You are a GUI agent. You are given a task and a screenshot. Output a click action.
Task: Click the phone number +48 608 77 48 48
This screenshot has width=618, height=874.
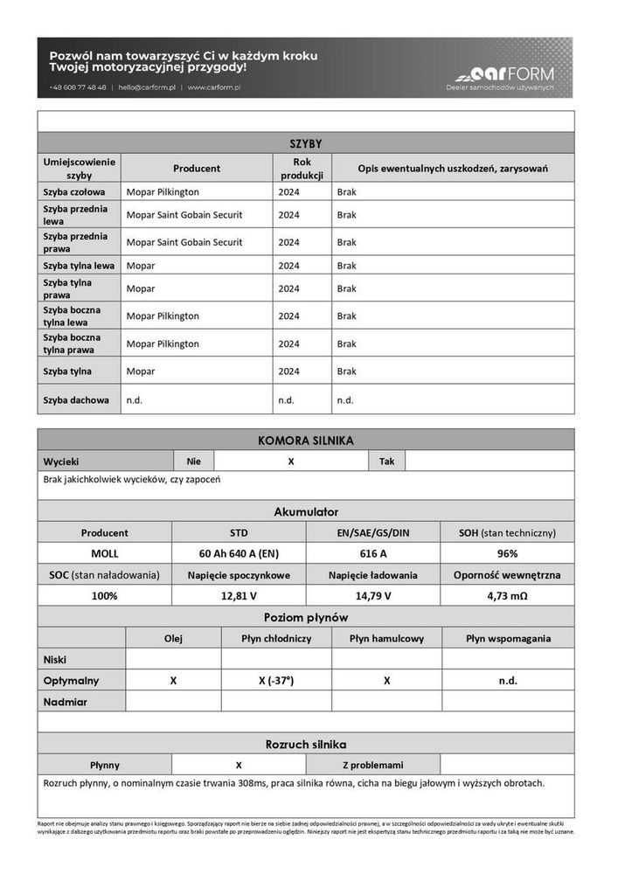click(x=79, y=87)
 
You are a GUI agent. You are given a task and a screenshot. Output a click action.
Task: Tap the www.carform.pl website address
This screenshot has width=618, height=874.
click(x=214, y=87)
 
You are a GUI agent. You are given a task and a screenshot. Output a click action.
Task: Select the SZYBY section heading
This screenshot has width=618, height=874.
click(x=306, y=143)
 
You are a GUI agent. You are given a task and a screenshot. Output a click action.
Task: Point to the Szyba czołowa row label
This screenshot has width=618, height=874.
click(x=74, y=191)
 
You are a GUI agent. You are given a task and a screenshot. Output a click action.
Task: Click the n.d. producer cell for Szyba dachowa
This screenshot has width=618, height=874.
click(x=135, y=399)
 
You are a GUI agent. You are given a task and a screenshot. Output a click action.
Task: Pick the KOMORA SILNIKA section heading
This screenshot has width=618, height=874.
click(x=306, y=440)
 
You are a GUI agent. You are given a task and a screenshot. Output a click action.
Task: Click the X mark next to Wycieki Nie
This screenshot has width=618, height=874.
click(x=290, y=461)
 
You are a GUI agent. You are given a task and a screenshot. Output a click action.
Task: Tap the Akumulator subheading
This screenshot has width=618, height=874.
click(x=306, y=511)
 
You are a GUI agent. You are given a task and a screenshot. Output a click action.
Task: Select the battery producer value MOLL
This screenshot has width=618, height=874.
click(x=105, y=553)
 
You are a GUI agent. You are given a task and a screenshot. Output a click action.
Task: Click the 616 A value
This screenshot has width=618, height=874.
click(x=373, y=553)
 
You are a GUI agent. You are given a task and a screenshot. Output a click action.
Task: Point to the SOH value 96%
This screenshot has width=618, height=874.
click(x=507, y=553)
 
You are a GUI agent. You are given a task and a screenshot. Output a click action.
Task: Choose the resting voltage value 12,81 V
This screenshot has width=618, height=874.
click(x=239, y=595)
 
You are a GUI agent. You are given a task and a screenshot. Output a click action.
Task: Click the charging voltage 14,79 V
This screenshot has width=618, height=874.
click(x=373, y=595)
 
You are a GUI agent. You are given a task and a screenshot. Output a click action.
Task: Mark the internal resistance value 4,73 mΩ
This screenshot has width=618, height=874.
click(x=507, y=595)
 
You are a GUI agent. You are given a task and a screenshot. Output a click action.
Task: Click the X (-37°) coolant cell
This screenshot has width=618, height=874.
click(x=276, y=680)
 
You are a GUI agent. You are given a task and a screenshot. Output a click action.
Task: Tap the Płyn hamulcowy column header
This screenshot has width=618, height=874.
click(x=386, y=638)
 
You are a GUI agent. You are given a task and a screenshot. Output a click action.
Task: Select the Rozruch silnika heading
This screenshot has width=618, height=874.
click(x=306, y=744)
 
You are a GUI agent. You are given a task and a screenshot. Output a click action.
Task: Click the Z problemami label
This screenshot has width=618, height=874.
click(x=372, y=764)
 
